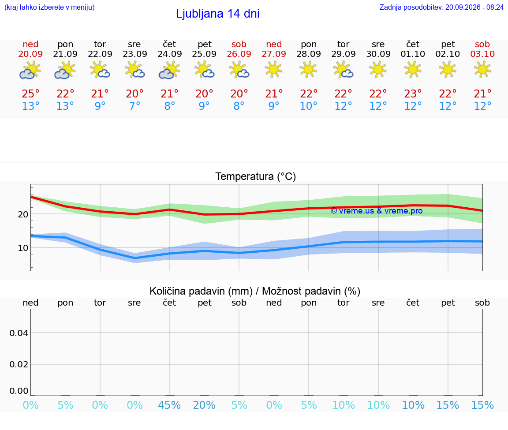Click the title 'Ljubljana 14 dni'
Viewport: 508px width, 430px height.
217,14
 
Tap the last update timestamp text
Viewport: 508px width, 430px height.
441,7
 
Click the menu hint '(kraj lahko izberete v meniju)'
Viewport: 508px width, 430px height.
49,7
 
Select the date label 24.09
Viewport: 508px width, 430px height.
169,54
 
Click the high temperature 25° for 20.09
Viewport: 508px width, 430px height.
30,93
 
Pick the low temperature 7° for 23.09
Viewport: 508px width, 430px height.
135,106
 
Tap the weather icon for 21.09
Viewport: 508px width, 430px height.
65,71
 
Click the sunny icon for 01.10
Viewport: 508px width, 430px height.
413,70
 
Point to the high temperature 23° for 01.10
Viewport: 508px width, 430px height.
413,93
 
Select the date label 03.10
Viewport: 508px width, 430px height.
482,54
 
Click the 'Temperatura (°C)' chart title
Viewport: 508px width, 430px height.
256,176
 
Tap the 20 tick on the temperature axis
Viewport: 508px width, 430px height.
23,214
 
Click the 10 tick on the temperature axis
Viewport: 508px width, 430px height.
23,248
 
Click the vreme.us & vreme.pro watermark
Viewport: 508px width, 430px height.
377,211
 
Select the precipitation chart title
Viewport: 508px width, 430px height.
255,291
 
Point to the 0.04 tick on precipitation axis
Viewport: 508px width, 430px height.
19,333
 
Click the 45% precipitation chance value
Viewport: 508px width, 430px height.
169,405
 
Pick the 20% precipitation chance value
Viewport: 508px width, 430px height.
204,405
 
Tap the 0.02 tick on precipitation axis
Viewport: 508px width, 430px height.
19,364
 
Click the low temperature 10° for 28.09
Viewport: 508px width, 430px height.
308,106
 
